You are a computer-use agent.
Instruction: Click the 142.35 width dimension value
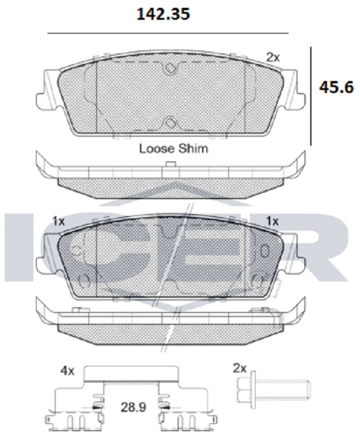click(x=163, y=14)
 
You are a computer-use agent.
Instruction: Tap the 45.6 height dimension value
click(x=336, y=88)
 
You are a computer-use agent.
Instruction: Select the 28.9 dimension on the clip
click(x=133, y=407)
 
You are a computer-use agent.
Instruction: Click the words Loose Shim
click(x=173, y=149)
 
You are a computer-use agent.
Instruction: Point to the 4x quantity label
click(x=68, y=371)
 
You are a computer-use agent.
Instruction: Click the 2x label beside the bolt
click(x=240, y=368)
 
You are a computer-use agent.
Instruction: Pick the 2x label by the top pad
click(x=273, y=58)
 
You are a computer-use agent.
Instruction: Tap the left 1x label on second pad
click(x=58, y=221)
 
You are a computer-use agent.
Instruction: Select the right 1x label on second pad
click(x=272, y=221)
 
